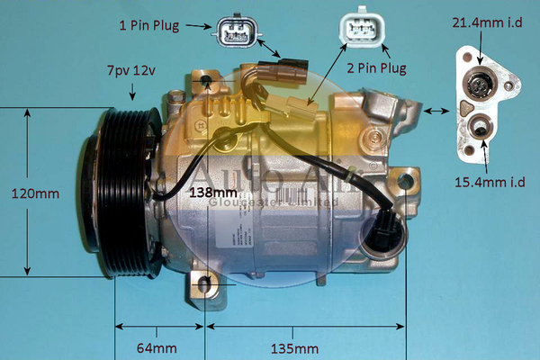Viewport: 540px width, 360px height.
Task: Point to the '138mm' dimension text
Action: [x=214, y=193]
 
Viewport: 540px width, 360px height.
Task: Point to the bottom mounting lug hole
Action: [x=205, y=288]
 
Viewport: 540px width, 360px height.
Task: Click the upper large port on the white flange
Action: [x=478, y=86]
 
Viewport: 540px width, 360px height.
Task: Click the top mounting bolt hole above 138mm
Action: [x=208, y=84]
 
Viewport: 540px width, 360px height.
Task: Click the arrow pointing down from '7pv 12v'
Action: [x=132, y=90]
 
